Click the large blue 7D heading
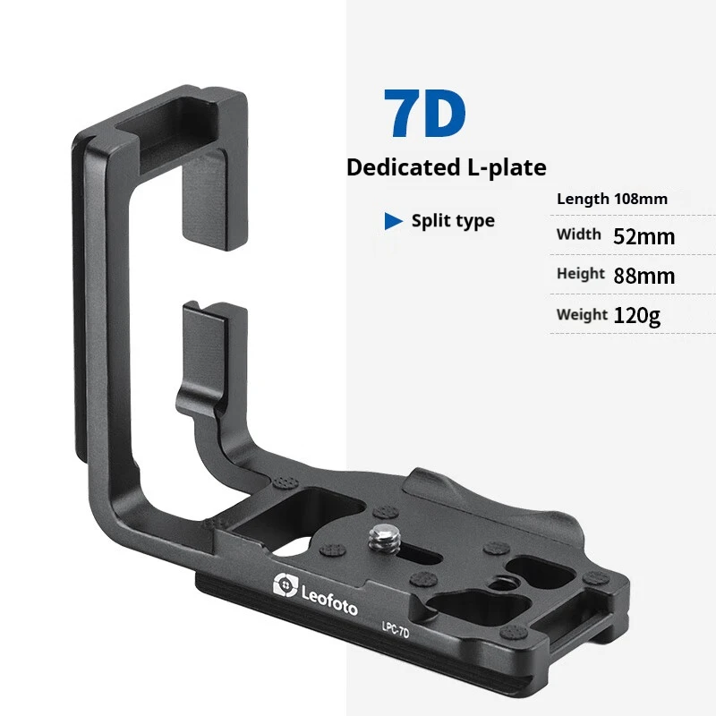424,114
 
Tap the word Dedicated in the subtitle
404,167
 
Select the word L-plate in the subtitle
507,168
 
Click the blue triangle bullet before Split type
394,221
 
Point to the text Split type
453,221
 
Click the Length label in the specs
583,199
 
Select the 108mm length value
641,199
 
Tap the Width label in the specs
578,234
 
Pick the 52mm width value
644,236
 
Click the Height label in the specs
580,274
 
